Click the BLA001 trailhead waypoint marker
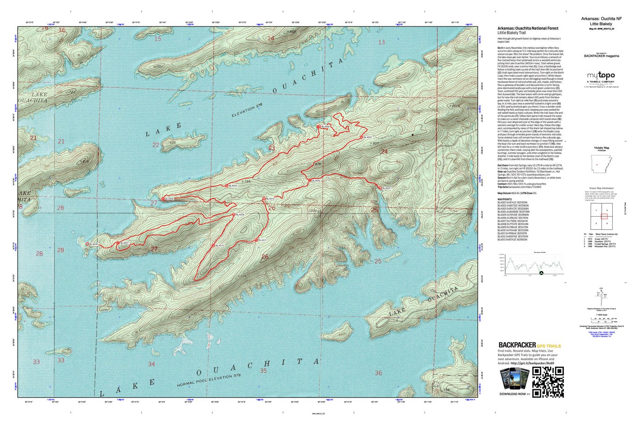380,188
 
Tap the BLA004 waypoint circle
319,126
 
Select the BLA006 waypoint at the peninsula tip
163,199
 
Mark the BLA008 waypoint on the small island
87,243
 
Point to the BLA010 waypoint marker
214,245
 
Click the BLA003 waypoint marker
361,137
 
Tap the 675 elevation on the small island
172,143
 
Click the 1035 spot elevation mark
313,211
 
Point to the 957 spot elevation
375,143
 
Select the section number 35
263,371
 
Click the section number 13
381,42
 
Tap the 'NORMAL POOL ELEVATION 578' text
209,380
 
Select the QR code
548,382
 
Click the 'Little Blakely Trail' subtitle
511,33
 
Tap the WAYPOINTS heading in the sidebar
505,199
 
